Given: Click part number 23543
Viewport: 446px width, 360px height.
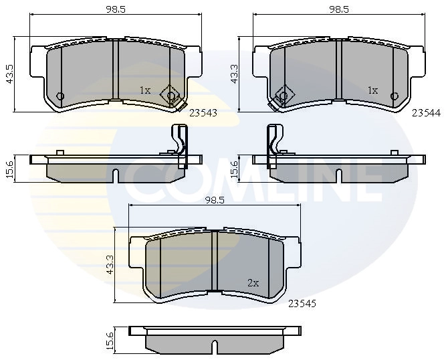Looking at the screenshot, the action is (x=203, y=113).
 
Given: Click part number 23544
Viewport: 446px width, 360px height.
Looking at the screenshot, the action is (x=426, y=113).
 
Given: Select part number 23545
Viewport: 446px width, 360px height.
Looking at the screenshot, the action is (x=302, y=304).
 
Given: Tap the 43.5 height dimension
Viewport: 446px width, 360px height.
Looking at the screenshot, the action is (x=9, y=74).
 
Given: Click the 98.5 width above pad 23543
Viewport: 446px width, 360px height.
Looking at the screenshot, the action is (x=116, y=9).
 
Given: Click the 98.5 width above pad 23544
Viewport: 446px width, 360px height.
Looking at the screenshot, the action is (x=339, y=9).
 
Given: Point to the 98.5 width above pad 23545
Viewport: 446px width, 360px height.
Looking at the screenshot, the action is (x=215, y=200).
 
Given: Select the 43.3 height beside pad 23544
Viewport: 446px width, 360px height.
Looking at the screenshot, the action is (x=234, y=74).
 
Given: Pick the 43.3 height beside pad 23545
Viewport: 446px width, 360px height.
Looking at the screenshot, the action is (x=110, y=265).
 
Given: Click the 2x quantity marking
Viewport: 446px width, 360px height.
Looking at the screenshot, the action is (x=253, y=283).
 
